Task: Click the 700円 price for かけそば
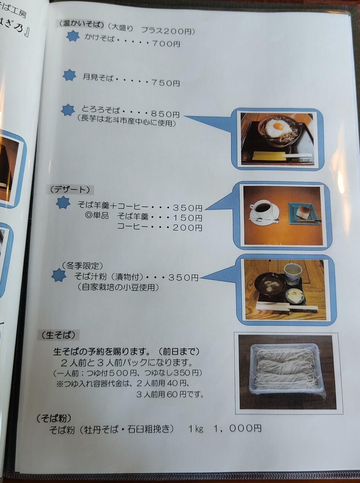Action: point(166,44)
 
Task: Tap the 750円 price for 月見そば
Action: point(165,83)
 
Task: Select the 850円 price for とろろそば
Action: point(165,114)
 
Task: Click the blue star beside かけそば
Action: point(73,36)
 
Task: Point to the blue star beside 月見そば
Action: point(69,75)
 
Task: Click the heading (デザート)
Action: point(70,190)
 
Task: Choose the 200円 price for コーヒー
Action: point(187,228)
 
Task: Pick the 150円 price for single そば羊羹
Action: point(187,218)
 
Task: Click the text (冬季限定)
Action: point(83,266)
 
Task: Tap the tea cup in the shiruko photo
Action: point(293,272)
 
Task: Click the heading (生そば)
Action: point(59,335)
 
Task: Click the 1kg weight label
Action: point(196,429)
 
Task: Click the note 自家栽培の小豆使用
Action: point(118,288)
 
